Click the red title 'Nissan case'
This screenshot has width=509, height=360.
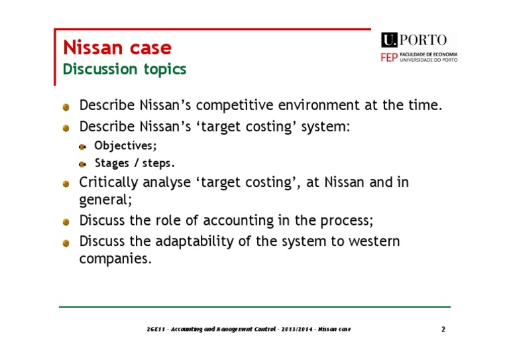pos(117,48)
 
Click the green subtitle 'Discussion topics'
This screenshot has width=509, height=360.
pos(125,69)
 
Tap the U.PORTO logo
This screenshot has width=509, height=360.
pos(414,40)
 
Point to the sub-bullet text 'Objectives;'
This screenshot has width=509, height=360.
pos(126,145)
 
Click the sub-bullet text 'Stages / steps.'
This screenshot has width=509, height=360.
pos(135,163)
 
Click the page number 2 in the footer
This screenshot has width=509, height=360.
pos(443,330)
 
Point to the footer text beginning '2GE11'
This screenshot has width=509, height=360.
pos(249,330)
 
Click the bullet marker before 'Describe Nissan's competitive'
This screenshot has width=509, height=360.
pos(66,106)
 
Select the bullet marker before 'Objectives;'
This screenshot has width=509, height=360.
pos(83,146)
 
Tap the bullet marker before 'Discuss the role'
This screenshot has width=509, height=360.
pos(66,221)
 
